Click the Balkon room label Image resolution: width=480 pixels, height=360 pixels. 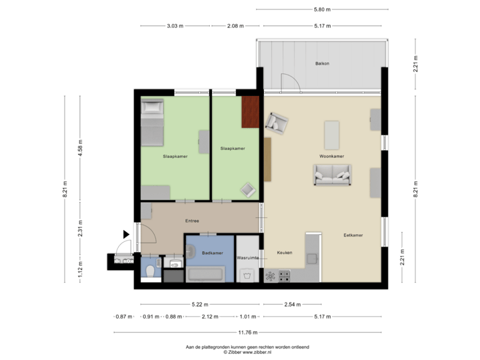(x=323, y=64)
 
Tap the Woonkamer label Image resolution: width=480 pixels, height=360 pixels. (x=331, y=157)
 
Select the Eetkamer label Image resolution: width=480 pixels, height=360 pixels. (x=353, y=235)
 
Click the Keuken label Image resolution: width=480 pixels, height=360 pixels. (x=286, y=253)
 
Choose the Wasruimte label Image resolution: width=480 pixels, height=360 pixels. (x=248, y=257)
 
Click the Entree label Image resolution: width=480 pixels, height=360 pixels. (x=193, y=221)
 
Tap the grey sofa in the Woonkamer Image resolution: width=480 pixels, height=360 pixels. (x=331, y=175)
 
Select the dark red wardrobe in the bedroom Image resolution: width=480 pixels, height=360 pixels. (x=251, y=111)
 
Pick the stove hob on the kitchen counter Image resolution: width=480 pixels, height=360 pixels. (x=283, y=275)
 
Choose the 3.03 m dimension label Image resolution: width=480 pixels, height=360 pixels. (x=175, y=26)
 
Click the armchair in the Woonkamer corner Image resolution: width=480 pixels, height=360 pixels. (x=277, y=123)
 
